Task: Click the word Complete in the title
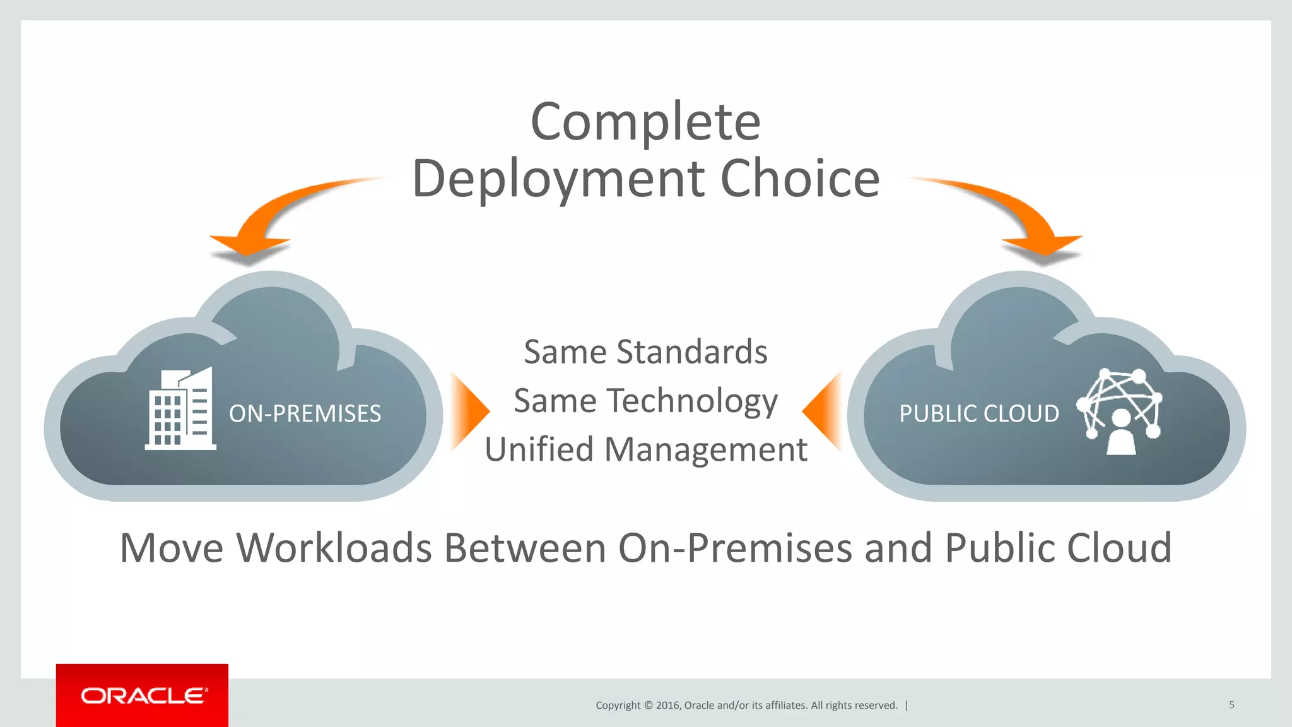(x=645, y=122)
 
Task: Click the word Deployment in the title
(x=558, y=179)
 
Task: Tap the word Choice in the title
(x=799, y=179)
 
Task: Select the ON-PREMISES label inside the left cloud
(x=305, y=414)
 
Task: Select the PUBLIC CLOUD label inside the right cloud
(x=978, y=414)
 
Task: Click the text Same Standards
(x=645, y=352)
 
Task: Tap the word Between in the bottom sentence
(x=525, y=548)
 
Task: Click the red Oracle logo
(x=142, y=695)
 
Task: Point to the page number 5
(x=1231, y=705)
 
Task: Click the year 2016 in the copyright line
(x=667, y=706)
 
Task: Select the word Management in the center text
(x=705, y=450)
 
